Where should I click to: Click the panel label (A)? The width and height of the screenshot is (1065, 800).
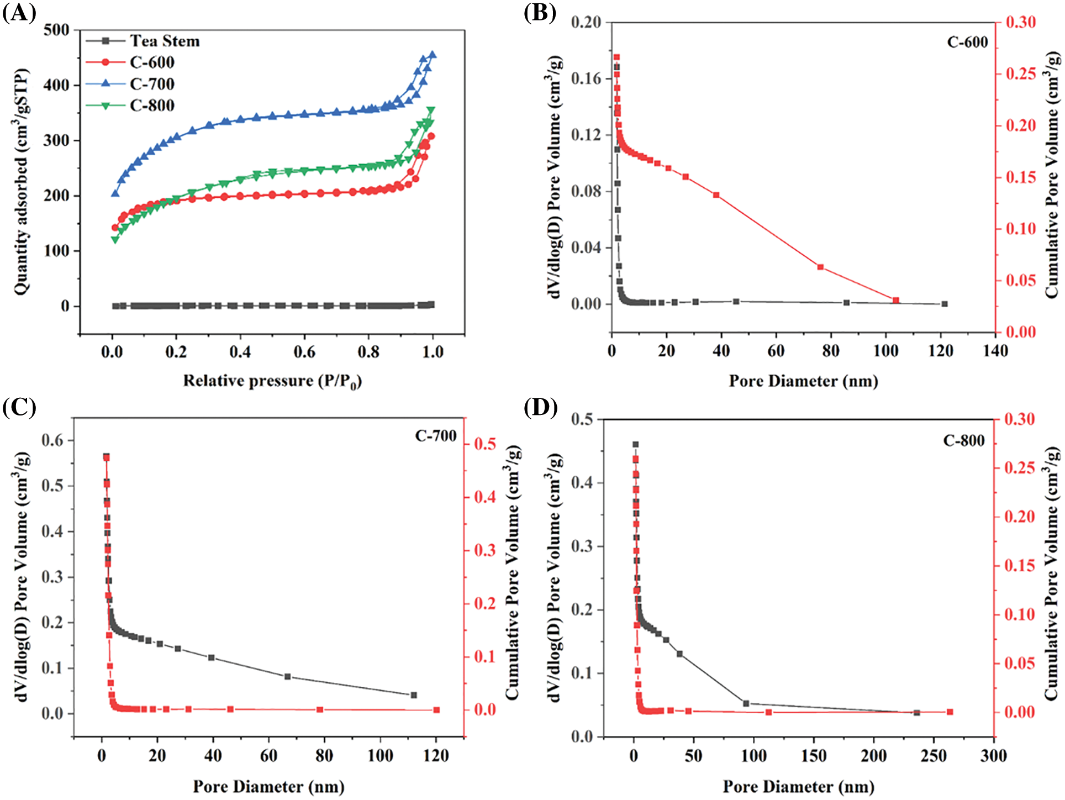[19, 12]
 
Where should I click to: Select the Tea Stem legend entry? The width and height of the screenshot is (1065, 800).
[164, 41]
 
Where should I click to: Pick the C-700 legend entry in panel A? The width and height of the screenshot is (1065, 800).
[152, 84]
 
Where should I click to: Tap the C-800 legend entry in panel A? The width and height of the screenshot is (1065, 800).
[152, 106]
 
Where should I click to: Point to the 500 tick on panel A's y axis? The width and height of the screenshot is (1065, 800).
[56, 30]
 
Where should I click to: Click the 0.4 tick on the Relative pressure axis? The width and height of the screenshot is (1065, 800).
[240, 352]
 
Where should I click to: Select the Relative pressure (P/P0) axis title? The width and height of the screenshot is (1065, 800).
[272, 381]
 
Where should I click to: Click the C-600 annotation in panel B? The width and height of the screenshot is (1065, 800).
[967, 43]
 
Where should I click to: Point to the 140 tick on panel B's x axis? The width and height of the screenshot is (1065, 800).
[995, 351]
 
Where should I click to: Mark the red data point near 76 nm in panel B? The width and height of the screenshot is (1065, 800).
[820, 267]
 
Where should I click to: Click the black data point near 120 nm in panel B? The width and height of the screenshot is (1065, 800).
[945, 304]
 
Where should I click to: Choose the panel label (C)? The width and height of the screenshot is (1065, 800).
[19, 407]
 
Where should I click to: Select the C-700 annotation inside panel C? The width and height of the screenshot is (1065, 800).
[436, 436]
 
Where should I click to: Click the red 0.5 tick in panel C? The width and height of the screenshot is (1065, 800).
[485, 444]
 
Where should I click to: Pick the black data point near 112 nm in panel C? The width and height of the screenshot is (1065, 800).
[413, 695]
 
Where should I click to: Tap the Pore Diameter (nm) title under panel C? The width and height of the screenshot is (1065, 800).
[268, 787]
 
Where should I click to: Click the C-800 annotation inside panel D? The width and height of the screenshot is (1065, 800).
[964, 440]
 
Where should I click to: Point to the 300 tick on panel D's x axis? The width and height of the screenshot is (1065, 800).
[993, 756]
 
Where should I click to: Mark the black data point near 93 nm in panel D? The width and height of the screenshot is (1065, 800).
[746, 703]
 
